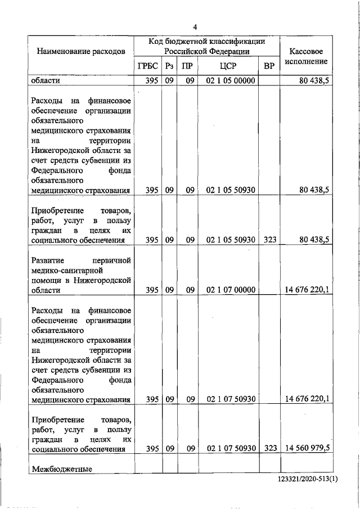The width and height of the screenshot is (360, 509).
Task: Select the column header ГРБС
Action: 147,66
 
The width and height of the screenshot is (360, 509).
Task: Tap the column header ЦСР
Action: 231,66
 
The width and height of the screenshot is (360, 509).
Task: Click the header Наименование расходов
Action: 80,51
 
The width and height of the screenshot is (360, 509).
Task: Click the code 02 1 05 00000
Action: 231,81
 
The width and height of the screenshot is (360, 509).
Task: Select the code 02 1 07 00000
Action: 231,290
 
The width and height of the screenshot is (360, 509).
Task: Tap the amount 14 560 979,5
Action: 307,448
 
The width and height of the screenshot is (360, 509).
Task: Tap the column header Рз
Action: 169,66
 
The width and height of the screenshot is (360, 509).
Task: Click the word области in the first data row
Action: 46,81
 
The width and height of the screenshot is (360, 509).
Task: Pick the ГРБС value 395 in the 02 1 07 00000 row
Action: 151,290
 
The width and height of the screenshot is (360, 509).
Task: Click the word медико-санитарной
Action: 64,271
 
